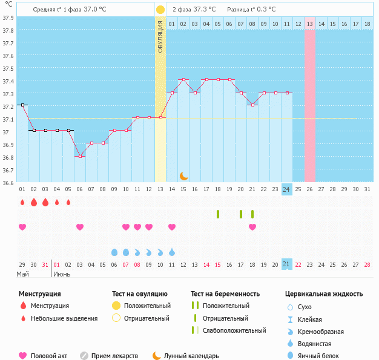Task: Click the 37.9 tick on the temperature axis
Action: click(8, 18)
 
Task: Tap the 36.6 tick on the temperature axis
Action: click(8, 183)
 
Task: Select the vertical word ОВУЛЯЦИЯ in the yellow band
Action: click(160, 36)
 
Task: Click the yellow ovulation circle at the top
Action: click(160, 10)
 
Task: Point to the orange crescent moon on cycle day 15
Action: click(183, 175)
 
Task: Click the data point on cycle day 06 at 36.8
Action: click(80, 156)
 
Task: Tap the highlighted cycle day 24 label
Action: click(286, 189)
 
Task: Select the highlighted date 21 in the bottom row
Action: click(286, 264)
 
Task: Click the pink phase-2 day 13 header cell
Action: click(310, 24)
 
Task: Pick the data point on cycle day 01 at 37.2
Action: click(22, 105)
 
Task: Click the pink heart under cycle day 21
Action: click(252, 227)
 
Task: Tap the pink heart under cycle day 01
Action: click(22, 227)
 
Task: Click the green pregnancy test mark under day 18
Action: click(218, 214)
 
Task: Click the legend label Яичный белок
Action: click(323, 356)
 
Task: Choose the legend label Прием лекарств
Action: click(114, 356)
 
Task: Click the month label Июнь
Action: click(62, 274)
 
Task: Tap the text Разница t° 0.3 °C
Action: click(251, 10)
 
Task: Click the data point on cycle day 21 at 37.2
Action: click(252, 105)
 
